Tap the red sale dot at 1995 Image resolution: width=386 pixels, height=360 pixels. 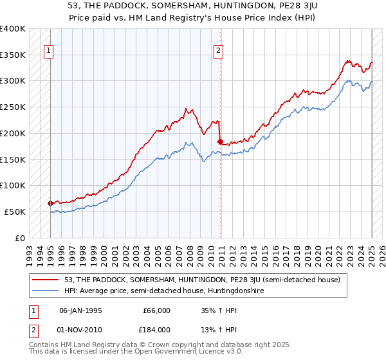(50, 203)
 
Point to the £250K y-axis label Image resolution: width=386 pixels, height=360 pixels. (14, 107)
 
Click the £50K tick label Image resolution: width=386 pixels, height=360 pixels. (15, 212)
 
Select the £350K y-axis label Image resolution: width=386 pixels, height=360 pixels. (14, 55)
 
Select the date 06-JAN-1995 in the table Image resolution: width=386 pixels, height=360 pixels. (80, 310)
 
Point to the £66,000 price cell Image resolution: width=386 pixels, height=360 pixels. (154, 310)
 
